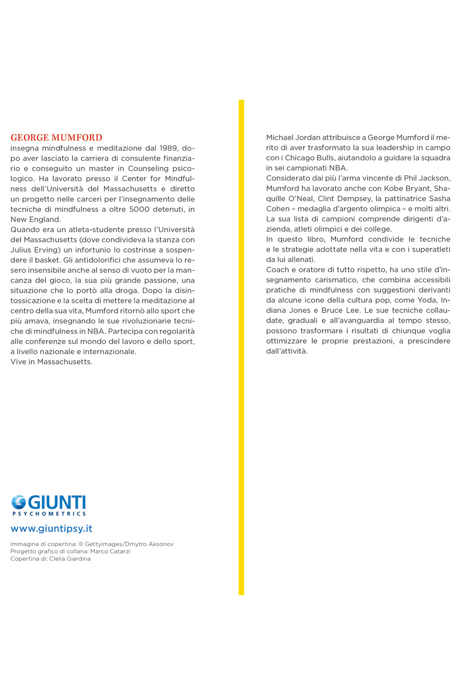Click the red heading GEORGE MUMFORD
pos(56,138)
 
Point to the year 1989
pos(169,148)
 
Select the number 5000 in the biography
pos(139,209)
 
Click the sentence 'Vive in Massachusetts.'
pos(51,362)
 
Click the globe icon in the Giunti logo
pos(19,502)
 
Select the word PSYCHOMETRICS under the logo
pos(49,514)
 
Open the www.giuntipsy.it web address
pos(51,529)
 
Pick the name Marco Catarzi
pos(110,552)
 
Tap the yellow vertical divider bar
pos(241,347)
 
